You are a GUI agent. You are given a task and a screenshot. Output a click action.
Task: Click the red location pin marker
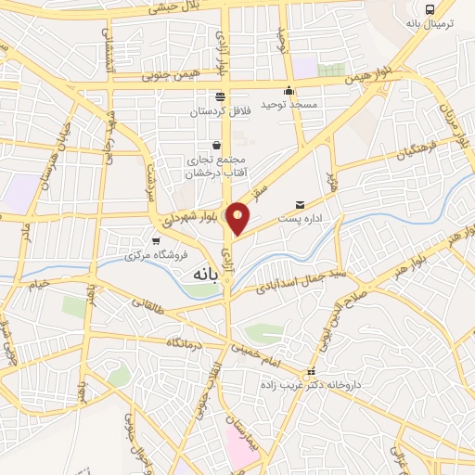(238, 219)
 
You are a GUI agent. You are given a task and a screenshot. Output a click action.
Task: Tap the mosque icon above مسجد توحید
(289, 91)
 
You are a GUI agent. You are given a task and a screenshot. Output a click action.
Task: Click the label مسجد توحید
(289, 105)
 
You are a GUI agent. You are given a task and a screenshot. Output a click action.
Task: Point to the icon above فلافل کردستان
(220, 96)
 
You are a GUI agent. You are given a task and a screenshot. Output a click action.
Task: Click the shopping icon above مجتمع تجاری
(216, 146)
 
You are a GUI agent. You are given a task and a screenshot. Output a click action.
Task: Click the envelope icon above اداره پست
(299, 204)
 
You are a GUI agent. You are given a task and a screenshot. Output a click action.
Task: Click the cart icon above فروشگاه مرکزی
(156, 241)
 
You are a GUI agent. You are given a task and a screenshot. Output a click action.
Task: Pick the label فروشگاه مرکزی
(156, 255)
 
